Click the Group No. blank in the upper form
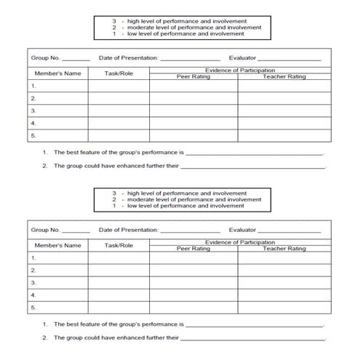click(x=76, y=58)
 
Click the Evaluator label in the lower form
click(x=242, y=230)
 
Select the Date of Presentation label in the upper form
click(x=128, y=57)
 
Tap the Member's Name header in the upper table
click(x=57, y=73)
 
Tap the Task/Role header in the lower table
click(x=119, y=246)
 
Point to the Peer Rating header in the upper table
click(x=193, y=76)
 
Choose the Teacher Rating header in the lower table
click(x=284, y=249)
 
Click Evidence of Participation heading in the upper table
click(x=240, y=71)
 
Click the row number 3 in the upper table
click(x=33, y=111)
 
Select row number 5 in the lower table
click(x=33, y=308)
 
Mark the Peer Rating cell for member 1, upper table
click(x=193, y=86)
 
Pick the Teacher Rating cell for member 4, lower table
click(x=284, y=295)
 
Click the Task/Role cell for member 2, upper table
click(x=119, y=98)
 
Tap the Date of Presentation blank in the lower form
click(x=190, y=231)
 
